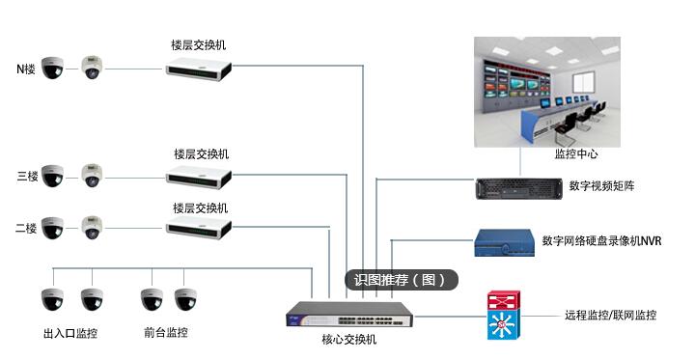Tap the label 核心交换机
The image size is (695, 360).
point(348,341)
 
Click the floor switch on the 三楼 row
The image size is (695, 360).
point(198,176)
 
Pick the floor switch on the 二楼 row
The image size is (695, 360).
point(198,229)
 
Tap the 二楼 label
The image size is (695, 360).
point(27,230)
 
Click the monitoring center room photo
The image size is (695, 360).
point(548,90)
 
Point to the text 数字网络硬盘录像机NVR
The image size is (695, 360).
point(601,241)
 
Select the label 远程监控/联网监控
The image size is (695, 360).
point(610,316)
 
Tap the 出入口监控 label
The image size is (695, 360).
point(70,334)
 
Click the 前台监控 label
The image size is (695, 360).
point(165,333)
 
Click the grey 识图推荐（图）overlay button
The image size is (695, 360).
point(400,280)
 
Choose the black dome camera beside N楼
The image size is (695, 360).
point(52,68)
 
